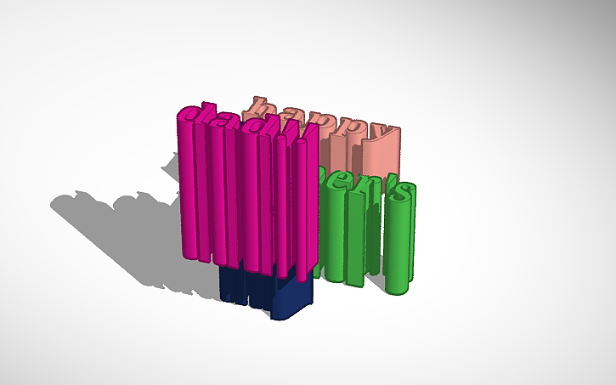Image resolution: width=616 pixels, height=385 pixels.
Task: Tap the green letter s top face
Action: click(x=403, y=193)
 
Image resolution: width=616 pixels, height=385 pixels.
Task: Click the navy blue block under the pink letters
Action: click(x=265, y=289)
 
